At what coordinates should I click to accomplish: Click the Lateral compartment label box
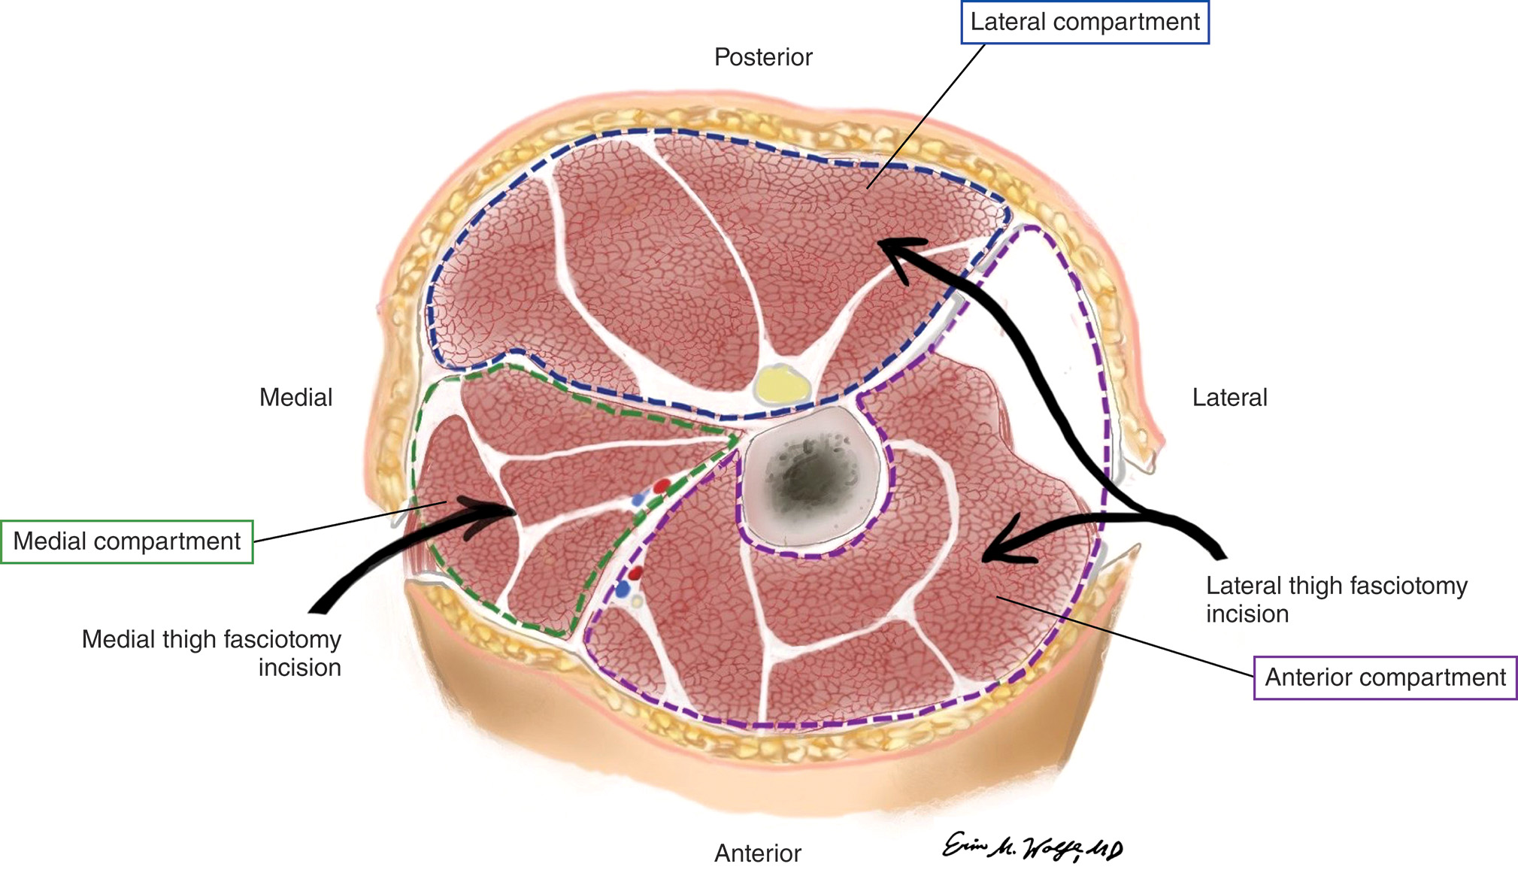pyautogui.click(x=1085, y=23)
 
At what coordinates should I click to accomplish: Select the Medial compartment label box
pyautogui.click(x=126, y=541)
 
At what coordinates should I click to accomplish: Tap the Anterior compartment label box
pyautogui.click(x=1385, y=677)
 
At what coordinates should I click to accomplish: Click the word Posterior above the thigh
pyautogui.click(x=763, y=57)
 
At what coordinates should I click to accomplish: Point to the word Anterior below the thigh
pyautogui.click(x=757, y=853)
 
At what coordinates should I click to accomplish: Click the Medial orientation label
pyautogui.click(x=295, y=397)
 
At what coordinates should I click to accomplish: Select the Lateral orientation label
pyautogui.click(x=1229, y=397)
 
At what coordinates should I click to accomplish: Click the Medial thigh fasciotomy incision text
pyautogui.click(x=211, y=653)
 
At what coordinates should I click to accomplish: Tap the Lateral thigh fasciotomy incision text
pyautogui.click(x=1336, y=599)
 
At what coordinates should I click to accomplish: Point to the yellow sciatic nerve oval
pyautogui.click(x=782, y=385)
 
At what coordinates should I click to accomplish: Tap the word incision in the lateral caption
pyautogui.click(x=1247, y=614)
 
